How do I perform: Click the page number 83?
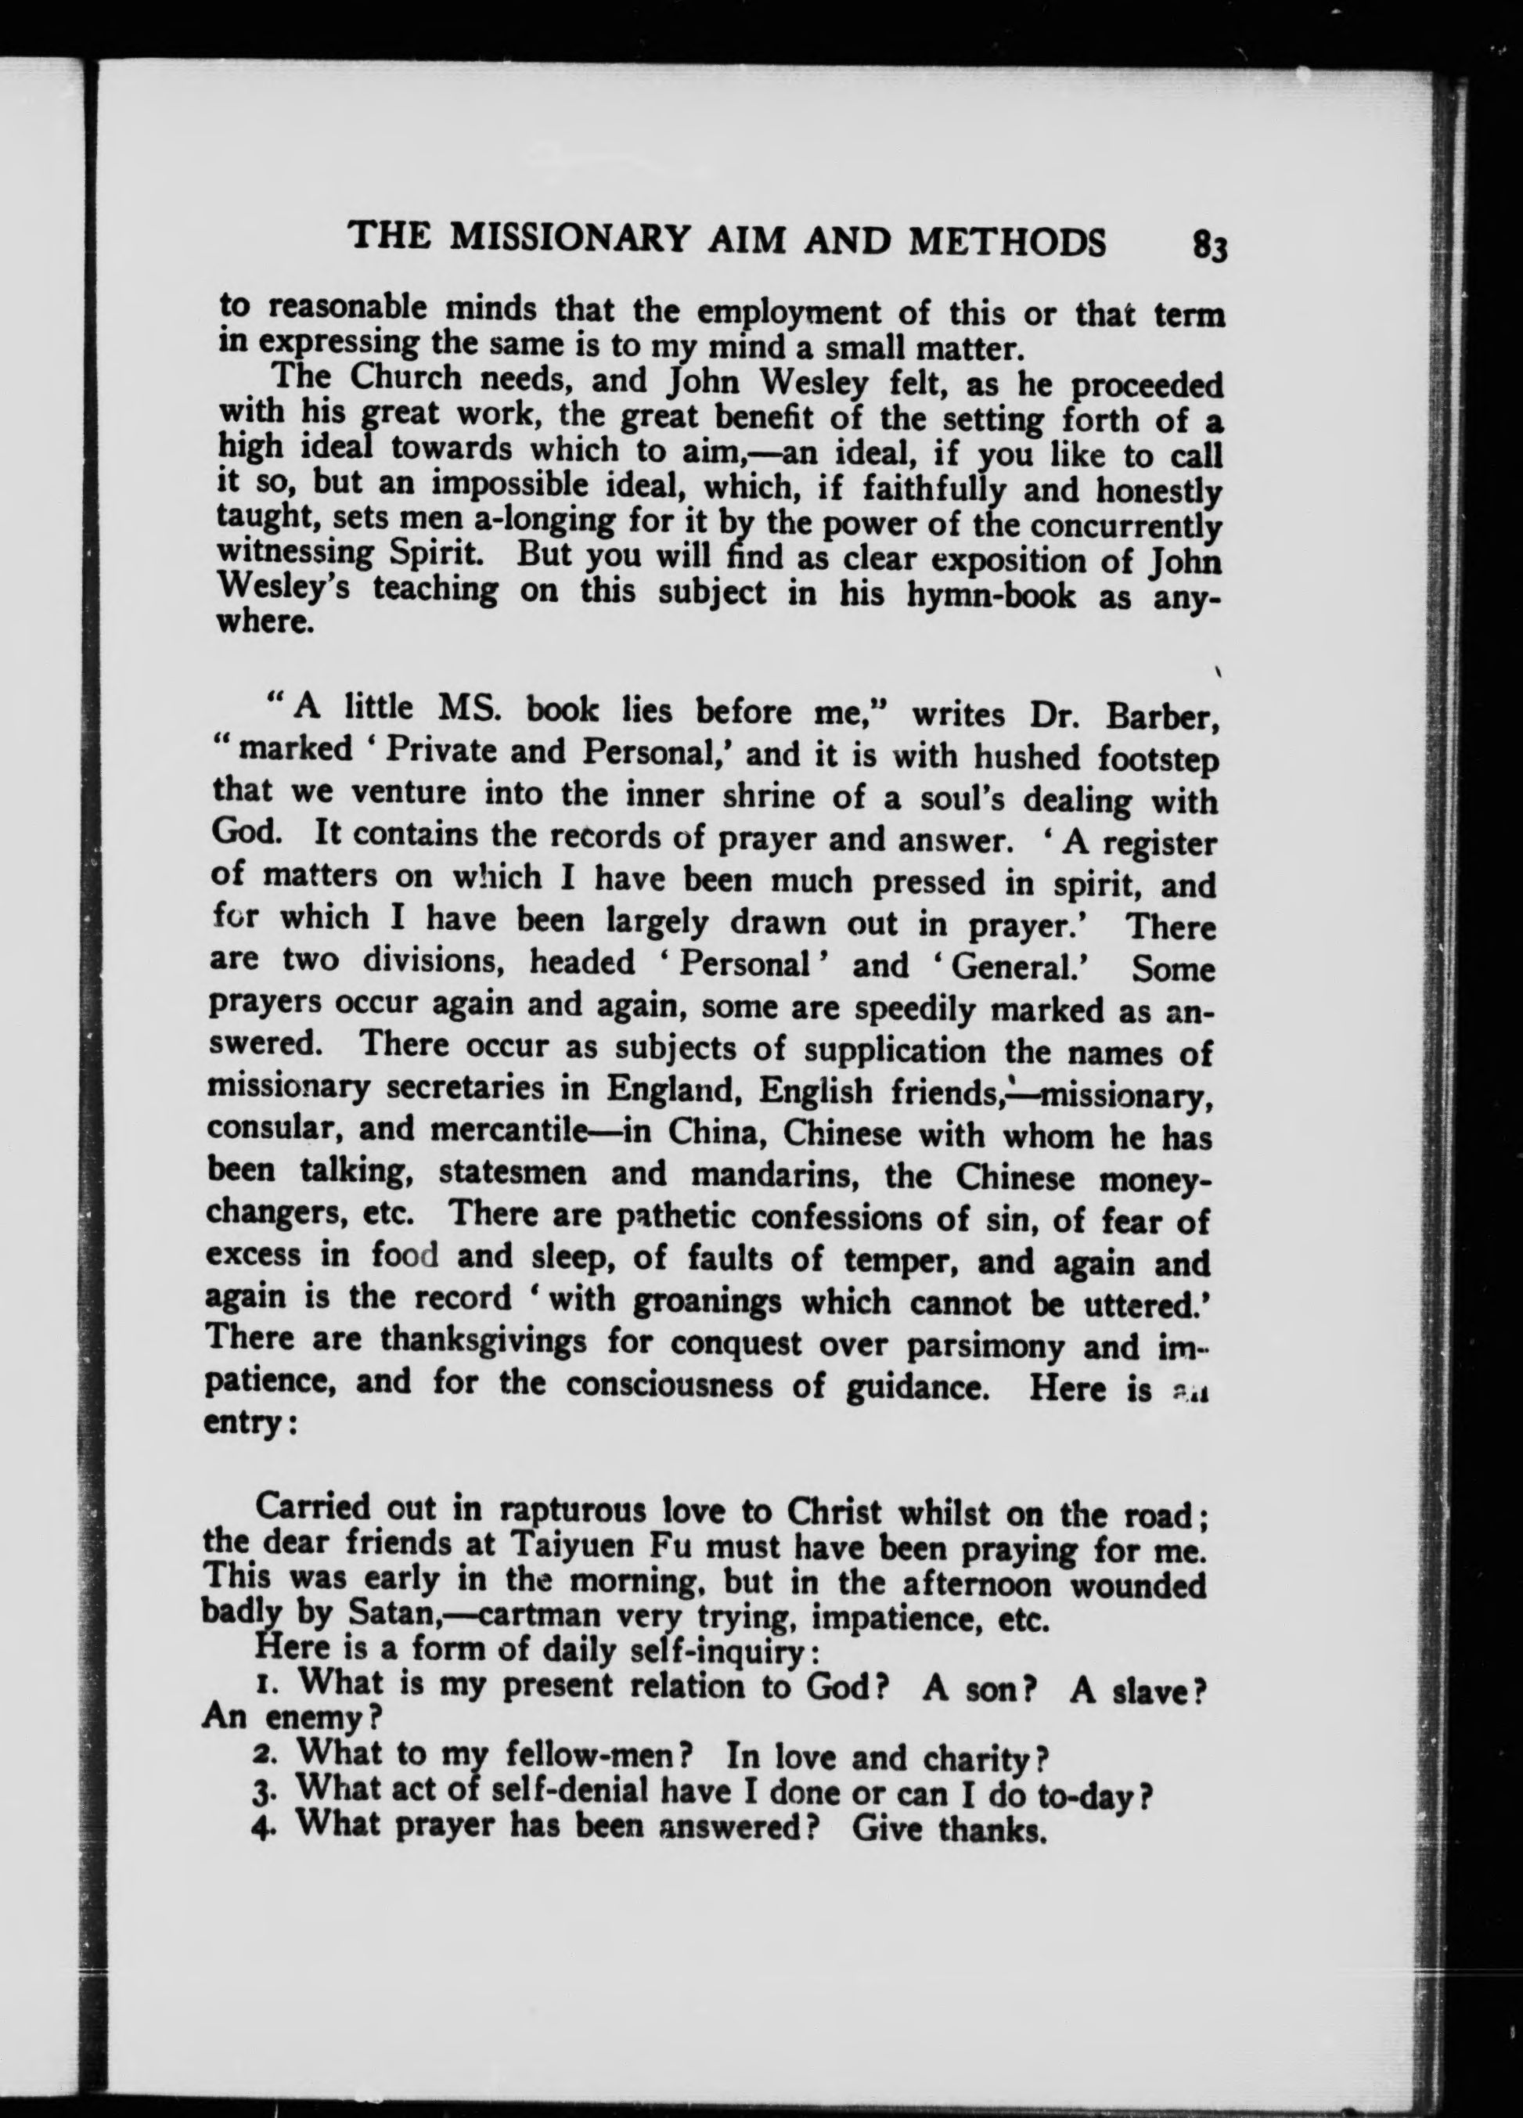1207,248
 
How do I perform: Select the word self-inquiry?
710,1650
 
